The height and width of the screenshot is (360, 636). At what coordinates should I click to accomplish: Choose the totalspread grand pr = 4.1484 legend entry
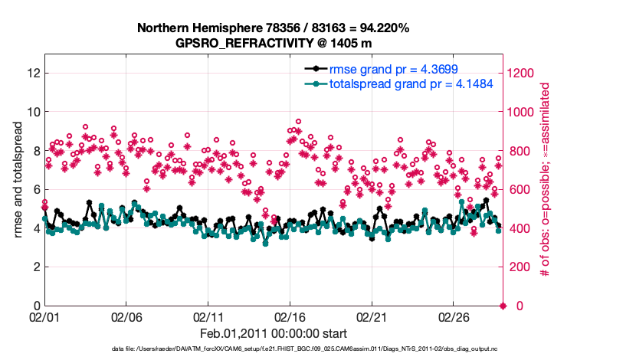point(410,83)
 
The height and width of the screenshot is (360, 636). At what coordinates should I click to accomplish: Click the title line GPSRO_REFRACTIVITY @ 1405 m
point(273,43)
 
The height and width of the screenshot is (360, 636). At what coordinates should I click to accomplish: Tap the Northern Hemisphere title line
point(273,28)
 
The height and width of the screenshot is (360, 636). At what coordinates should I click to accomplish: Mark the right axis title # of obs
point(546,180)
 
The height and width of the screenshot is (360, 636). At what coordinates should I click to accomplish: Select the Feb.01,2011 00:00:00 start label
point(274,334)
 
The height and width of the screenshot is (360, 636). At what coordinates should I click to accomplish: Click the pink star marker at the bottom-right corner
point(503,306)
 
